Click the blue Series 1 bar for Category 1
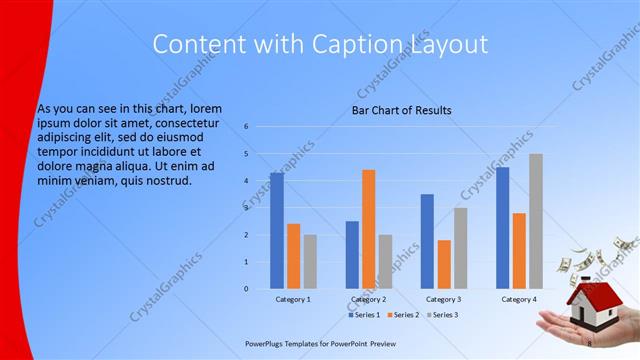[277, 231]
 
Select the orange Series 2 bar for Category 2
[368, 229]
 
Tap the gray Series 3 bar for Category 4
[536, 221]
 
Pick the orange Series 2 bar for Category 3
[444, 264]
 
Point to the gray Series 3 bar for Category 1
[310, 262]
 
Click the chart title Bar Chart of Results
[402, 110]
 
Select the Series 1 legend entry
[366, 315]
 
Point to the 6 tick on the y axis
[246, 127]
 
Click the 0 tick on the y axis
[246, 289]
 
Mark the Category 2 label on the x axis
[368, 299]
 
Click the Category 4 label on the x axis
[518, 299]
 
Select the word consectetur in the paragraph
[186, 123]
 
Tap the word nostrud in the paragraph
[166, 180]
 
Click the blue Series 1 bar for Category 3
[427, 241]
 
